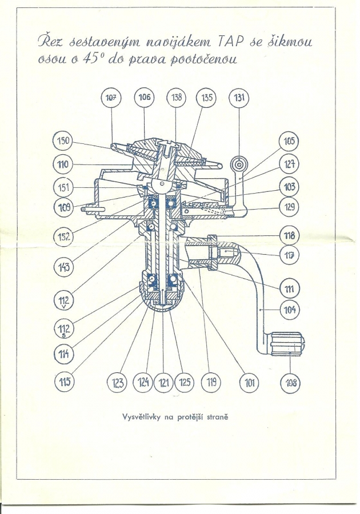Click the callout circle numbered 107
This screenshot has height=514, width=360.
coord(111,98)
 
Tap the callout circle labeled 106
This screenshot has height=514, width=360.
coord(145,98)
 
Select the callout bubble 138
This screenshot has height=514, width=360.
coord(177,98)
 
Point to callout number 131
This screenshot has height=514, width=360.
coord(239,98)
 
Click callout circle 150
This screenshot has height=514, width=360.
coord(63,141)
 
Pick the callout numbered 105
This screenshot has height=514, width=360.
coord(290,141)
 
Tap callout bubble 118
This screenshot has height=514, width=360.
coord(290,235)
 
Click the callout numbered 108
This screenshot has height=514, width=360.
coord(290,382)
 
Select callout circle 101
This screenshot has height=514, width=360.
coord(249,382)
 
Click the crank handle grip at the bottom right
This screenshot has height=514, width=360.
coord(289,344)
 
